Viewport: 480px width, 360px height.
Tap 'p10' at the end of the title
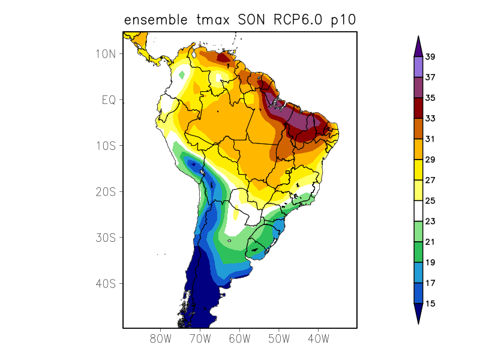[x=344, y=21]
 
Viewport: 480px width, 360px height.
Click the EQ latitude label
[x=108, y=100]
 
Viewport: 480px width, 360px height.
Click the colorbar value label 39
[x=430, y=57]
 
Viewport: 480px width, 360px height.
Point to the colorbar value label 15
[x=430, y=304]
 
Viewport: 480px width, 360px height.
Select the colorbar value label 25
[x=430, y=201]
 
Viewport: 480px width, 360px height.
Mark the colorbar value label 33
[x=430, y=119]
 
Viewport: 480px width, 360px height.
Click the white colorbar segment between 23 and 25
[x=418, y=211]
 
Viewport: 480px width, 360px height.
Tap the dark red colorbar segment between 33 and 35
[x=418, y=109]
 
